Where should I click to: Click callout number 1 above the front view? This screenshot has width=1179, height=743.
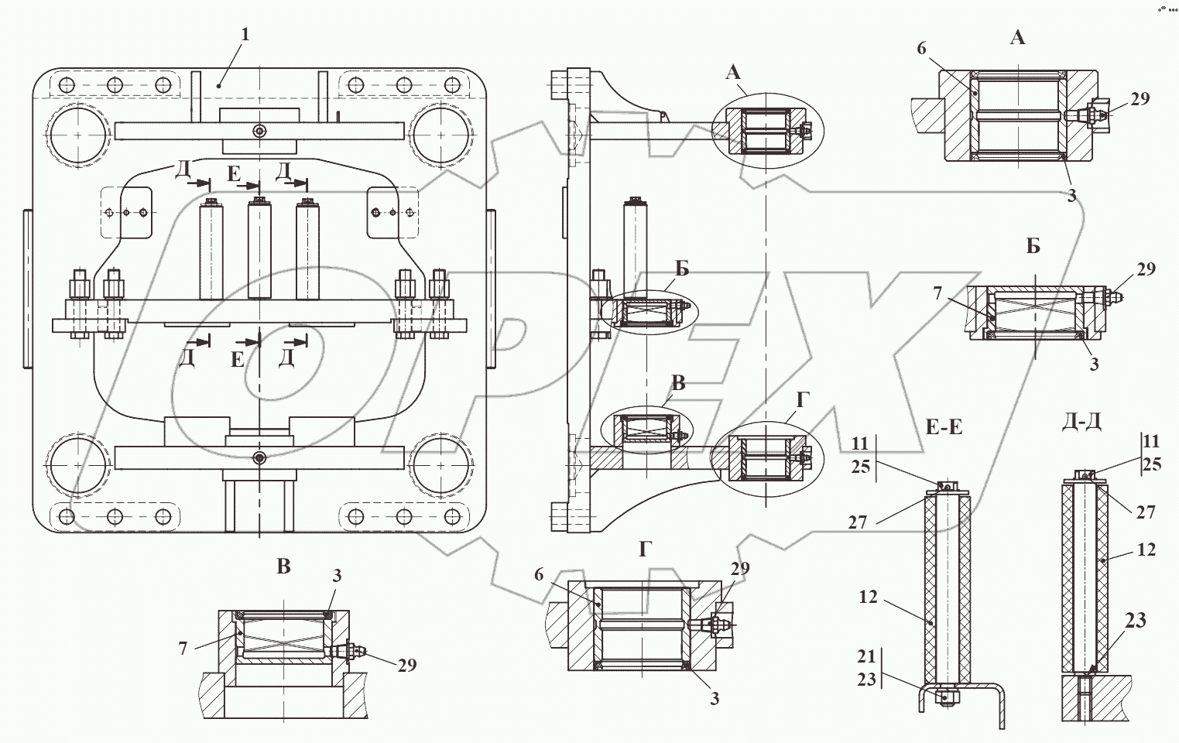245,34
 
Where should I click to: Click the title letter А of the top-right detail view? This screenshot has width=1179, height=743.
1018,36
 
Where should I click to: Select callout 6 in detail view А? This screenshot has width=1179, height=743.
920,48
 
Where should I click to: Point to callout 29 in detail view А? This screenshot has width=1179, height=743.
1140,99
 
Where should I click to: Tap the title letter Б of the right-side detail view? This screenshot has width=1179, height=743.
1033,247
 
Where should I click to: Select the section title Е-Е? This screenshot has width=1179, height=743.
944,426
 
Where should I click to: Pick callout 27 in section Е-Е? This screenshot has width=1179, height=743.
857,522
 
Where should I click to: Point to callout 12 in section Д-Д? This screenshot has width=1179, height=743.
1147,550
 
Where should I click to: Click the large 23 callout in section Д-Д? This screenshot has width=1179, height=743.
1135,621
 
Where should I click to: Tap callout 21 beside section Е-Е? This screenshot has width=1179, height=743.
865,657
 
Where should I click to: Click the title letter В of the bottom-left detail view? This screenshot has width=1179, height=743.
283,567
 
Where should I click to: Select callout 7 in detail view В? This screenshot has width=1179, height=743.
183,649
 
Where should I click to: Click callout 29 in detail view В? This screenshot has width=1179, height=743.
406,665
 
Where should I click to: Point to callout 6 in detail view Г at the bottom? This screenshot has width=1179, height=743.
539,574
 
